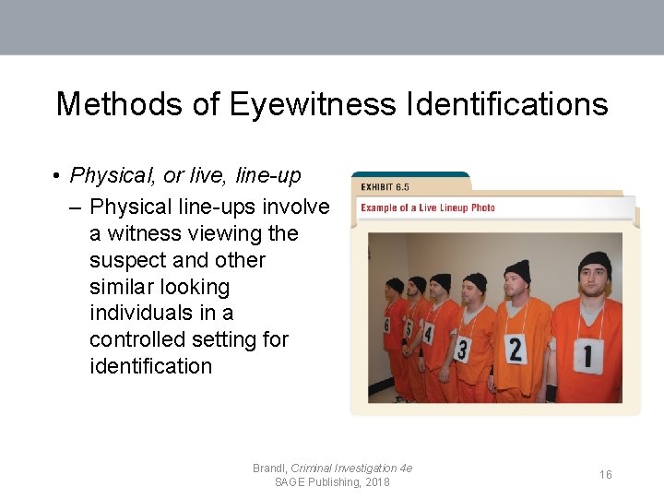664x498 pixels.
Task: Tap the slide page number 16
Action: (x=605, y=474)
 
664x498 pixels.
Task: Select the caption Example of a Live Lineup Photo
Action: (x=428, y=207)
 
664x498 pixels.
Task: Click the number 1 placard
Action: (x=587, y=354)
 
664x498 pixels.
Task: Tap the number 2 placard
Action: (x=515, y=349)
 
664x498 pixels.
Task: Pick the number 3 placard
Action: (x=462, y=349)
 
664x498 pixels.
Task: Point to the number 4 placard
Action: (x=428, y=334)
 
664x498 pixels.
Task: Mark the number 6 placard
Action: (x=387, y=324)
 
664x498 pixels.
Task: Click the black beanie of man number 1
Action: (x=595, y=263)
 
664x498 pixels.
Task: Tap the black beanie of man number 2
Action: (x=517, y=269)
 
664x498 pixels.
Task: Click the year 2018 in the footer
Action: (x=376, y=482)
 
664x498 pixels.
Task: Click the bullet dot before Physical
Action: (x=57, y=175)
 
